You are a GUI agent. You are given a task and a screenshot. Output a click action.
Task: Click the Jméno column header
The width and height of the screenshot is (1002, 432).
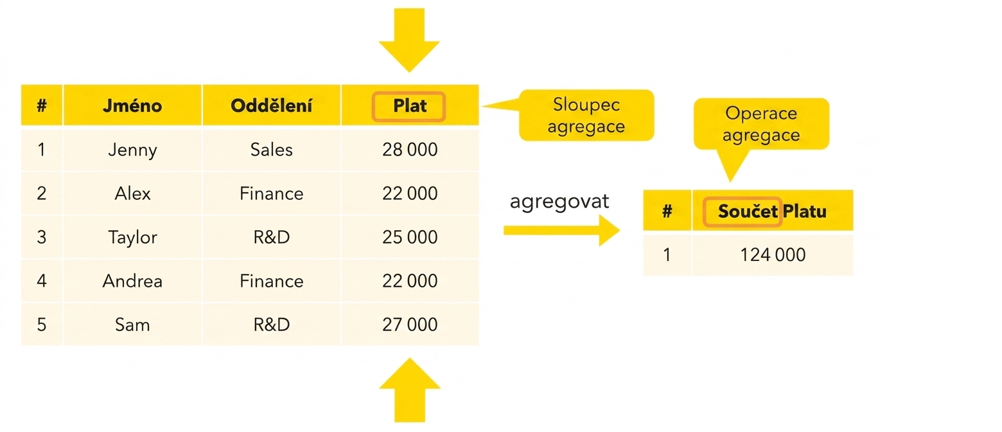pyautogui.click(x=132, y=105)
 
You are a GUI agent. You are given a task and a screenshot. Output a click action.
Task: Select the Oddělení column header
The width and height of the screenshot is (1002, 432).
pyautogui.click(x=271, y=105)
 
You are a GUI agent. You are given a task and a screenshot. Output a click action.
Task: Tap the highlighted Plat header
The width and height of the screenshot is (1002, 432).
pyautogui.click(x=409, y=107)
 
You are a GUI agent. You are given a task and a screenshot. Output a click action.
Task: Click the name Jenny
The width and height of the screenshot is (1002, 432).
pyautogui.click(x=132, y=150)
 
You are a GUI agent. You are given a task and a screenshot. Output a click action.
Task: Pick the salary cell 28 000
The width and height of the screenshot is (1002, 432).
pyautogui.click(x=410, y=150)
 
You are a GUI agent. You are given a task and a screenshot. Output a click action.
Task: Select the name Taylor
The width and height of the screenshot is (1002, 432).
pyautogui.click(x=132, y=237)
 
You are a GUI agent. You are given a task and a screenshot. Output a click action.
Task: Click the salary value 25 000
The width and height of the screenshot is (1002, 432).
pyautogui.click(x=410, y=237)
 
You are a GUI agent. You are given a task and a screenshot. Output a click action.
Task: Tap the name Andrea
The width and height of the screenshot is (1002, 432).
pyautogui.click(x=132, y=281)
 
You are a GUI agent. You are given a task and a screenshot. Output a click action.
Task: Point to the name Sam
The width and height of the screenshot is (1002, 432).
pyautogui.click(x=132, y=325)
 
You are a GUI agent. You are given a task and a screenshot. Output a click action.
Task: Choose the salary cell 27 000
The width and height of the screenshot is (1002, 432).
pyautogui.click(x=410, y=325)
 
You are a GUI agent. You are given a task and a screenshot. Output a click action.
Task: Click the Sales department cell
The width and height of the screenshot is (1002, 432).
pyautogui.click(x=272, y=150)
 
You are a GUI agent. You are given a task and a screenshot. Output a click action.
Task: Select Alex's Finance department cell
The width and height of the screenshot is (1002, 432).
pyautogui.click(x=272, y=194)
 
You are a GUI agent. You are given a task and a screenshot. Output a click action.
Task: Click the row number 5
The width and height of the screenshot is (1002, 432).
pyautogui.click(x=42, y=325)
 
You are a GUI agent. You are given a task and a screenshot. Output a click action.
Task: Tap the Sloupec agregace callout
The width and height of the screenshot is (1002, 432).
pyautogui.click(x=586, y=115)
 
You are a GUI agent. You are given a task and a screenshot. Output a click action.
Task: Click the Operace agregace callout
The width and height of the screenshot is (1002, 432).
pyautogui.click(x=761, y=124)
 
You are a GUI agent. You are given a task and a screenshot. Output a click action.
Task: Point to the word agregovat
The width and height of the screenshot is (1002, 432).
pyautogui.click(x=559, y=202)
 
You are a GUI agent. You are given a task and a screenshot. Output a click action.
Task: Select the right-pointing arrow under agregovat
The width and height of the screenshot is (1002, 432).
pyautogui.click(x=562, y=231)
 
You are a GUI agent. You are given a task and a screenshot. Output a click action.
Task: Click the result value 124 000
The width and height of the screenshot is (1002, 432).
pyautogui.click(x=773, y=255)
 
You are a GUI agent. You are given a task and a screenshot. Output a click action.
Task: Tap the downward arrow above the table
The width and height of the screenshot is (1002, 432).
pyautogui.click(x=409, y=40)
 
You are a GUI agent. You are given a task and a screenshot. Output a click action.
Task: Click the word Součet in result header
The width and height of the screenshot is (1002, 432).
pyautogui.click(x=748, y=212)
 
